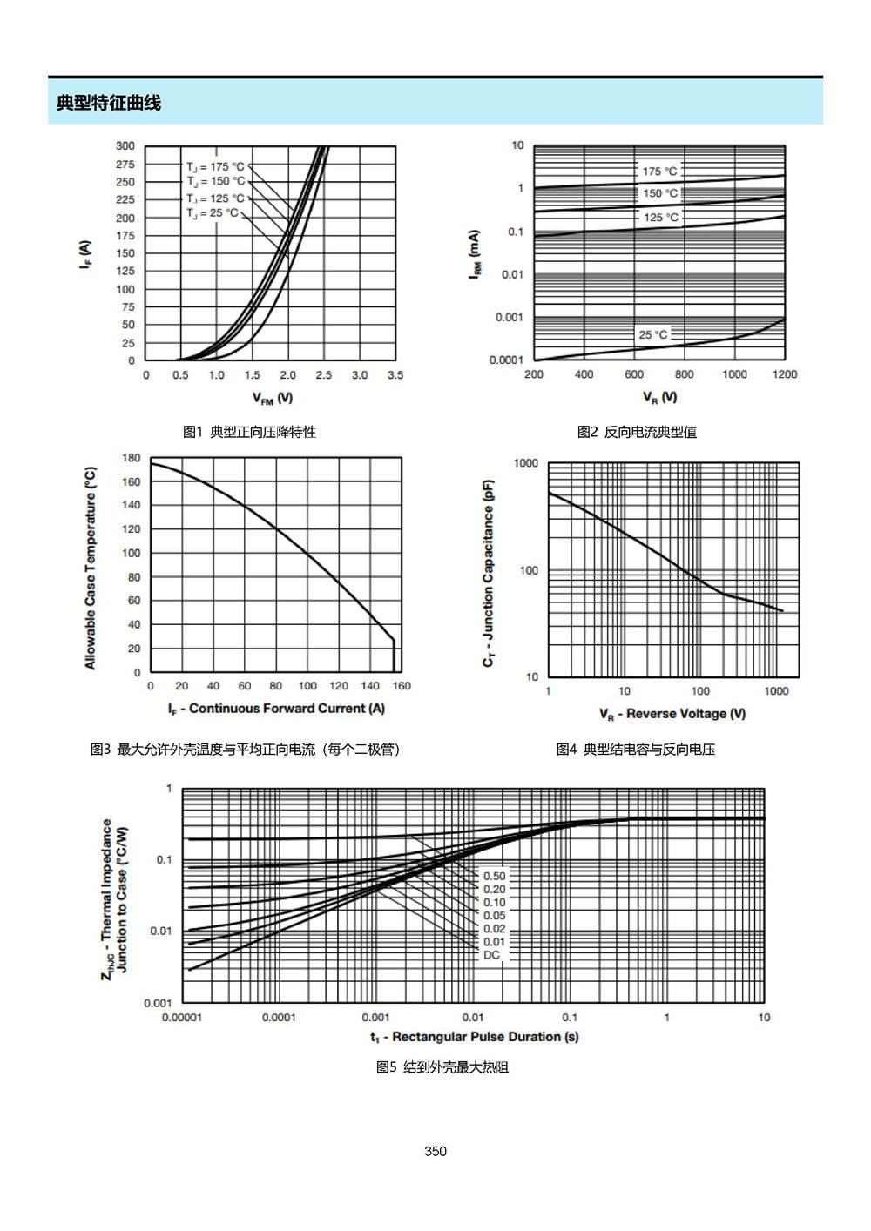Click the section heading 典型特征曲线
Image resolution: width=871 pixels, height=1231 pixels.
[108, 103]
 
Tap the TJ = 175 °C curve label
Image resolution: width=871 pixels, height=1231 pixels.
[215, 167]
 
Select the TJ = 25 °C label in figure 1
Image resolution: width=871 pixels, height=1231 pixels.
[213, 213]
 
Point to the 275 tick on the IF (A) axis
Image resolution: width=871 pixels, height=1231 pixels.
[125, 165]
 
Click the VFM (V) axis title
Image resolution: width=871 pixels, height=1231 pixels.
[272, 398]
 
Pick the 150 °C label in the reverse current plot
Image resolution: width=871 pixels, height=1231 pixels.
[660, 193]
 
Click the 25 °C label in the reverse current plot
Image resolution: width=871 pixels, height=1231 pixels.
[652, 334]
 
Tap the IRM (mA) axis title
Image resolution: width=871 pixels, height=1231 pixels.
[475, 254]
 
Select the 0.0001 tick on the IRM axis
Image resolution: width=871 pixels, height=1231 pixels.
[506, 360]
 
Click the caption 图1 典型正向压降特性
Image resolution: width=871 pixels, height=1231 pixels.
[249, 432]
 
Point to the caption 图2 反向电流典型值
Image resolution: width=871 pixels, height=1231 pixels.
[637, 432]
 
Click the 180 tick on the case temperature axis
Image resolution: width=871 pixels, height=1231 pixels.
[131, 458]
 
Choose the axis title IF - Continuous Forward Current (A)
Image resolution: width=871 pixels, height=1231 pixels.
[276, 709]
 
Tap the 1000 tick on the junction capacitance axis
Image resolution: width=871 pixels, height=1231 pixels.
[526, 463]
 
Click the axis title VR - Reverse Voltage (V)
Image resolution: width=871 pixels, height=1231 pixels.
[672, 714]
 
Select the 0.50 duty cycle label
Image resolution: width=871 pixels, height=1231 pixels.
[495, 876]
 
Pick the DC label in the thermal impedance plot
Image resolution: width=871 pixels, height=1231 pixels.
[491, 955]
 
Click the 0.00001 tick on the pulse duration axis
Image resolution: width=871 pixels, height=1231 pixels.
[182, 1017]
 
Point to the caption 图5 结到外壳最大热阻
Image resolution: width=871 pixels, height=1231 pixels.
[442, 1067]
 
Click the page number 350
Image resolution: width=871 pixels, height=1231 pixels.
[435, 1151]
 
